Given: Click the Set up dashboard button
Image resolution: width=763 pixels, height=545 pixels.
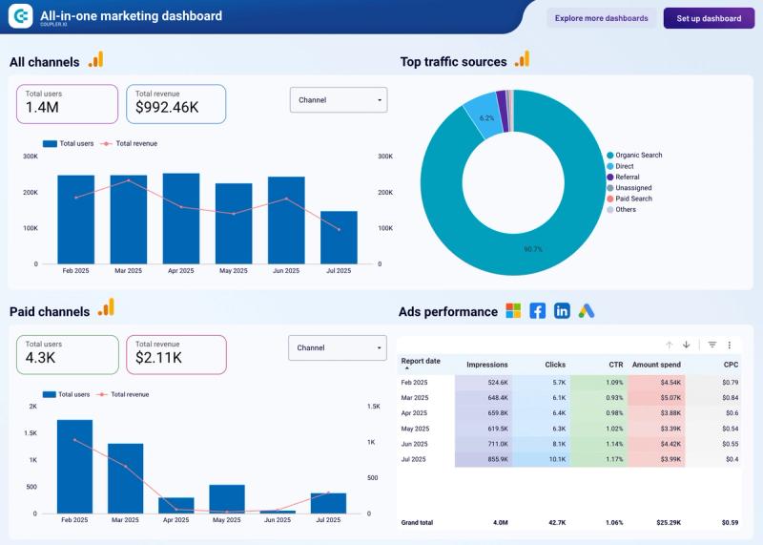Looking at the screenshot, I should [x=709, y=18].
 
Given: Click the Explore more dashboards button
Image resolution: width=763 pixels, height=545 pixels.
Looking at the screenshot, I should [x=601, y=18].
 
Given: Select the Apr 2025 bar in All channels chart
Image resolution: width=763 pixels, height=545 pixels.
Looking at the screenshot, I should [x=181, y=219].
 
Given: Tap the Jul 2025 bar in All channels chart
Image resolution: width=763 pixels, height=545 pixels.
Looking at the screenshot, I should [x=339, y=238].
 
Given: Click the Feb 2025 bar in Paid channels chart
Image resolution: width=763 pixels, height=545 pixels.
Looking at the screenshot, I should [x=74, y=467].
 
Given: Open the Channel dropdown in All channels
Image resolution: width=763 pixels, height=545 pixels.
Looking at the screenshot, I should [x=339, y=99].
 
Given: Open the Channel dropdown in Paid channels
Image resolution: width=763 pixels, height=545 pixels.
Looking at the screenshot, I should [x=338, y=348].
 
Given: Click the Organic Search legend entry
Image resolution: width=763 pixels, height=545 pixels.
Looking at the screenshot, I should [x=638, y=155].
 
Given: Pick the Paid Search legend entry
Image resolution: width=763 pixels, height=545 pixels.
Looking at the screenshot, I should [x=633, y=199].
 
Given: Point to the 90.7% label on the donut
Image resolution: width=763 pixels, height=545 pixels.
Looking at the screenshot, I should [x=533, y=249].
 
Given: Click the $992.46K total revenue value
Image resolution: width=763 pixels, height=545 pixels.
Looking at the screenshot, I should [x=167, y=108].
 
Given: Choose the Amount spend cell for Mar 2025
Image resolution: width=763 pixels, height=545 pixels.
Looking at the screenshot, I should [x=657, y=397].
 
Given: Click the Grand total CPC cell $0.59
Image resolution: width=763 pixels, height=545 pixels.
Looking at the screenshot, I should [x=730, y=523].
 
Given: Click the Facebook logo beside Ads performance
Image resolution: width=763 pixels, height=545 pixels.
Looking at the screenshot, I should [x=538, y=311].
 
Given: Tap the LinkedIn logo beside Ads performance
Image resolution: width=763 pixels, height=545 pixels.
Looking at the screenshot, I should [x=562, y=311].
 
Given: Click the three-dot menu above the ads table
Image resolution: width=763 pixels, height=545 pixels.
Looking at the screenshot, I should [x=730, y=345].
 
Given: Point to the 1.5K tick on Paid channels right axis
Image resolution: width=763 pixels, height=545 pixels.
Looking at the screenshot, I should [x=374, y=406].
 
